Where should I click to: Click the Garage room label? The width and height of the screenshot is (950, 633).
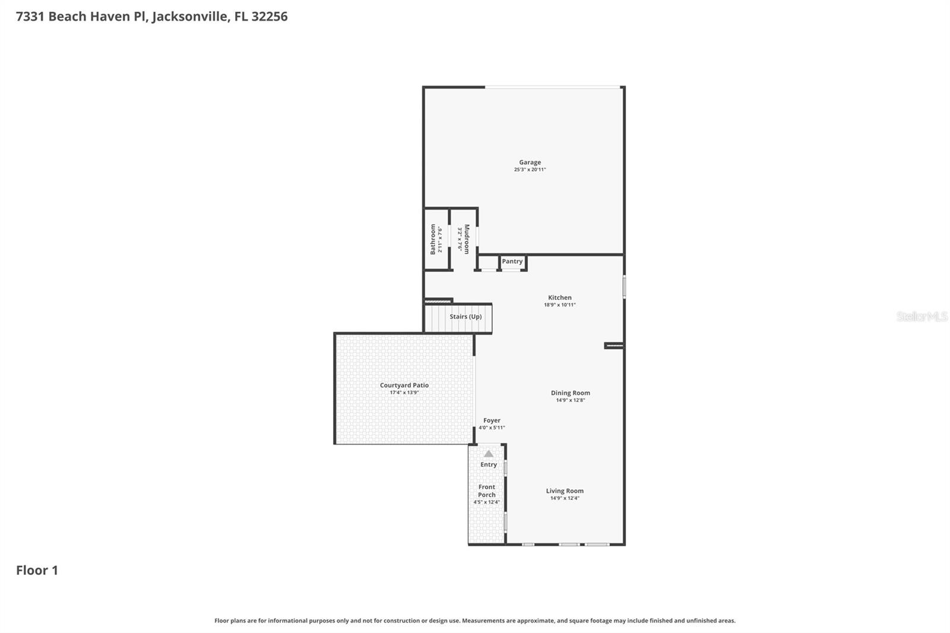tap(530, 162)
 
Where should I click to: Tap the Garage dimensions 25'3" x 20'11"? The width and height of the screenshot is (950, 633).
tap(530, 170)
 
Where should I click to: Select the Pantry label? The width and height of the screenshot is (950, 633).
tap(512, 261)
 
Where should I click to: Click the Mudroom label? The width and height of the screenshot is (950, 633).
tap(467, 239)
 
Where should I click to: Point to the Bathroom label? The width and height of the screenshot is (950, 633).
tap(433, 239)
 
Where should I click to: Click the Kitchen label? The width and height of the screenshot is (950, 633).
tap(559, 297)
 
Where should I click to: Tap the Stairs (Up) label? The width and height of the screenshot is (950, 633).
tap(465, 316)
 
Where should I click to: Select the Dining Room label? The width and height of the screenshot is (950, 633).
tap(570, 393)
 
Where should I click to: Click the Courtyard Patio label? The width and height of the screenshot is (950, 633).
tap(404, 385)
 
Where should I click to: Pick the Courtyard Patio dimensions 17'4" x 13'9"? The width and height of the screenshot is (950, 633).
tap(404, 393)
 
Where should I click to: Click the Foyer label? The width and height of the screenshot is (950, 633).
tap(492, 420)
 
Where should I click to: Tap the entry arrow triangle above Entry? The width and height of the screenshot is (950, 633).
tap(489, 454)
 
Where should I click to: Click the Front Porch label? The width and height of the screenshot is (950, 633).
tap(487, 490)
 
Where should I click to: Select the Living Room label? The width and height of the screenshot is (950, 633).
tap(565, 490)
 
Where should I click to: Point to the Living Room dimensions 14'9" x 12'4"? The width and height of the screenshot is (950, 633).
tap(565, 498)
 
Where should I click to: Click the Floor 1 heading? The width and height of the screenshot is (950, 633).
tap(37, 570)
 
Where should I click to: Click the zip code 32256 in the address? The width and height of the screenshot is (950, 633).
tap(269, 17)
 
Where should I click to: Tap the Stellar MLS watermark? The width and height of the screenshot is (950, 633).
tap(921, 316)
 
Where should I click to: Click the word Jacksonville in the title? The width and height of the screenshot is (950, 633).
tap(189, 17)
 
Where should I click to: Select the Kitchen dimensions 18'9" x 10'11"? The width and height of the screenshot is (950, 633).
tap(559, 305)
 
